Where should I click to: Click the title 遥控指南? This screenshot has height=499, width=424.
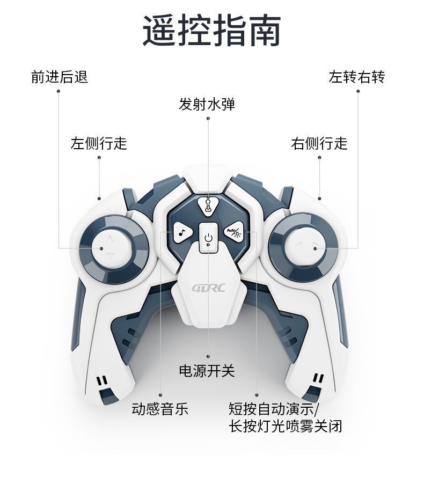[x=212, y=32]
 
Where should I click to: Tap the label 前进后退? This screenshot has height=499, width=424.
[x=59, y=77]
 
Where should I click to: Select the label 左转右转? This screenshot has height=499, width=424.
[x=357, y=77]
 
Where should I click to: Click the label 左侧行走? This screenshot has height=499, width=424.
[x=99, y=143]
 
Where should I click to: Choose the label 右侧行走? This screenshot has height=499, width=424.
[x=319, y=143]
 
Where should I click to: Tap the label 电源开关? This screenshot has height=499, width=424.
[x=207, y=371]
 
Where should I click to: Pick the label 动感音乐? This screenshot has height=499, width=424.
[x=160, y=409]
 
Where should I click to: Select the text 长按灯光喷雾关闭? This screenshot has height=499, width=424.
[x=285, y=427]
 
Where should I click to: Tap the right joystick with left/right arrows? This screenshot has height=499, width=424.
[x=304, y=246]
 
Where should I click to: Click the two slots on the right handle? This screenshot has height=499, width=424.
[x=318, y=379]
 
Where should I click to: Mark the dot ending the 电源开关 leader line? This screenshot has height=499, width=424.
[x=208, y=356]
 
